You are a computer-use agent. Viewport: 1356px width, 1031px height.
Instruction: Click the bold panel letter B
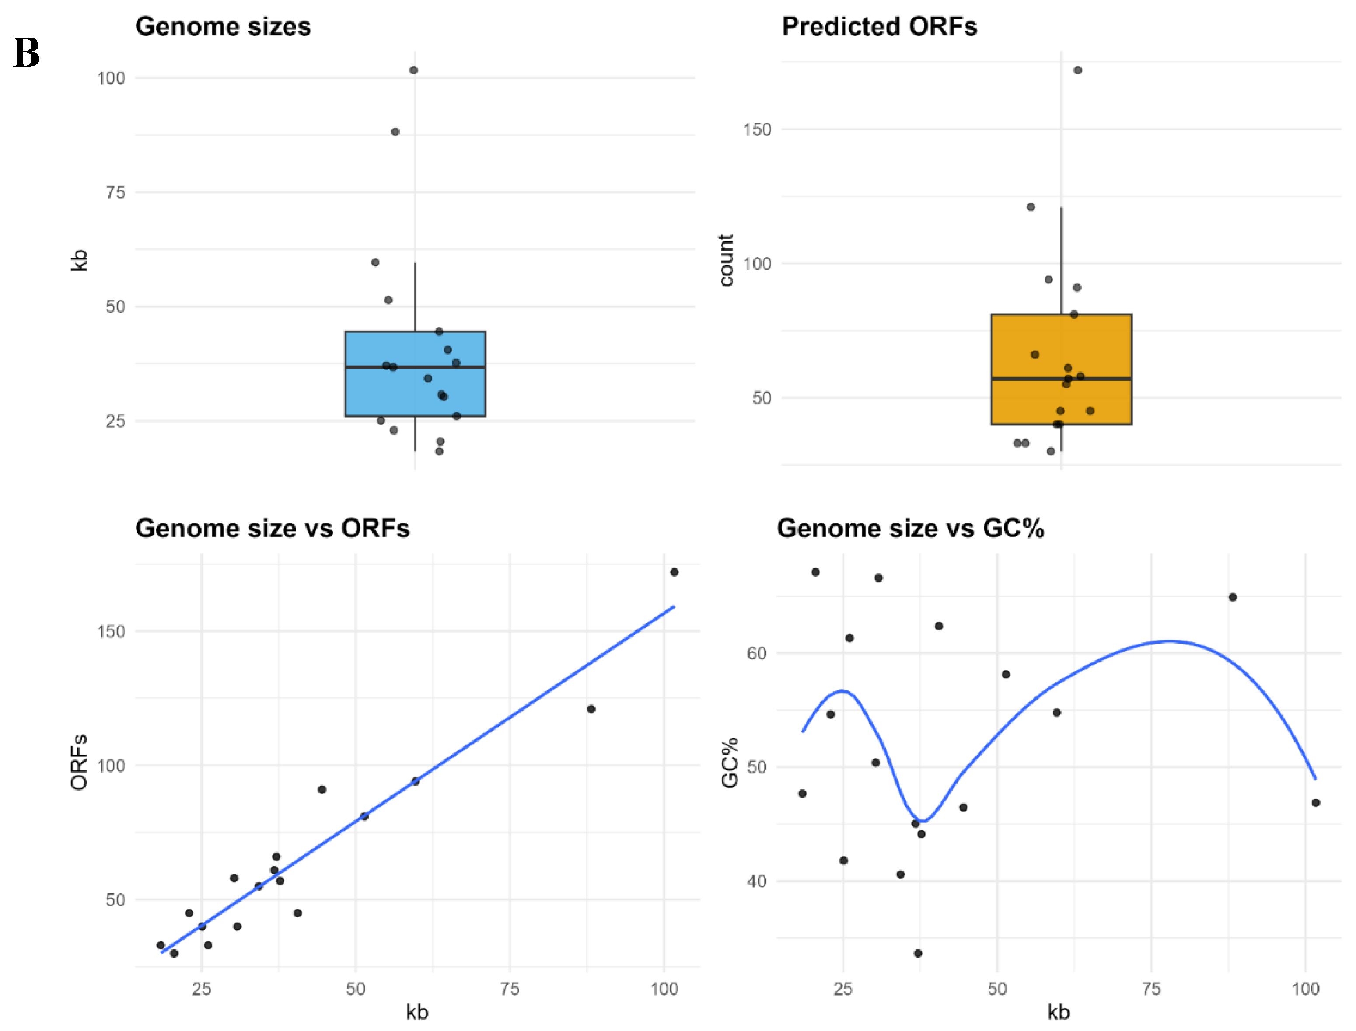tap(26, 53)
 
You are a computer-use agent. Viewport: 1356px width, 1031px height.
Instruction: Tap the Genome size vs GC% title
tap(910, 528)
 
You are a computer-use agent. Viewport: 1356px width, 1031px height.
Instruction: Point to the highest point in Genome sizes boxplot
tap(414, 70)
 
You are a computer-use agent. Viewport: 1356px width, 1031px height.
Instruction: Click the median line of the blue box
tap(415, 367)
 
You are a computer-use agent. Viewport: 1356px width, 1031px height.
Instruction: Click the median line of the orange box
tap(1061, 379)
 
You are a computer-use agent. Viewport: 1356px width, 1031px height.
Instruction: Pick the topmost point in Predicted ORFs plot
tap(1077, 70)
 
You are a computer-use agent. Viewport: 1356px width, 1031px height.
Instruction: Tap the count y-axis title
tap(726, 260)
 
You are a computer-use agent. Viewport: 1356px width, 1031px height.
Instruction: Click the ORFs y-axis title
tap(79, 762)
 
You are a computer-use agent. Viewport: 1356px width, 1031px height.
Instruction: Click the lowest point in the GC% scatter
tap(918, 953)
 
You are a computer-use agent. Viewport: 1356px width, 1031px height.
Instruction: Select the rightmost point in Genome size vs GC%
tap(1315, 803)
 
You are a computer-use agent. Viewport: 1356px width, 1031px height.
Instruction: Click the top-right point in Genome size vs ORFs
tap(674, 572)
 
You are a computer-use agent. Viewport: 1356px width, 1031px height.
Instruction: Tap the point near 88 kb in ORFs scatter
tap(591, 709)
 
